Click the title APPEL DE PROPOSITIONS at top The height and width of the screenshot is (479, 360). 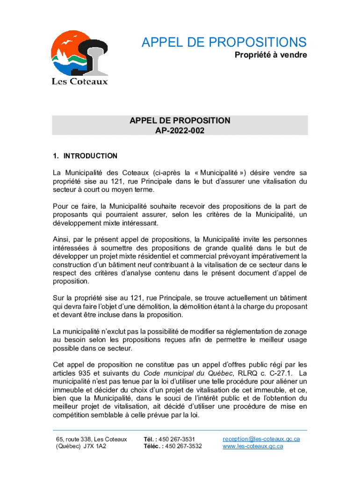(x=224, y=42)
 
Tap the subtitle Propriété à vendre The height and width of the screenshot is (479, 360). (x=271, y=56)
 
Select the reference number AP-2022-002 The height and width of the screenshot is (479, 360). (x=180, y=131)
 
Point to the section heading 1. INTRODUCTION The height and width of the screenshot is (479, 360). (x=85, y=156)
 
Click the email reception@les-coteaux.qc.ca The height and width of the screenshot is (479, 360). (x=261, y=439)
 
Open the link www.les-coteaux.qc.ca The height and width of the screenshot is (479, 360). (x=253, y=446)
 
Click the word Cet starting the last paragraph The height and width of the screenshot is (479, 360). (x=58, y=364)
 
